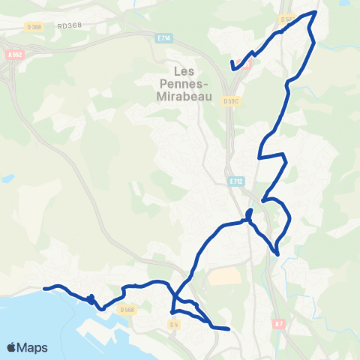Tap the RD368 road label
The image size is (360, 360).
[x=68, y=25]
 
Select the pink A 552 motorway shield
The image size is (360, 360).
[x=13, y=55]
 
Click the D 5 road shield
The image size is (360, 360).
[x=175, y=325]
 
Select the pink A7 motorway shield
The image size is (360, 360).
[x=279, y=324]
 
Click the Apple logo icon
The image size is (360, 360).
[x=12, y=347]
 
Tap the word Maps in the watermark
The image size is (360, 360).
[x=33, y=348]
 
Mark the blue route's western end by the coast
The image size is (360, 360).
[x=44, y=288]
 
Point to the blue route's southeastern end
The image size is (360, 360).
[x=227, y=328]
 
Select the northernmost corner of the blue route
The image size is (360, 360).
[x=316, y=11]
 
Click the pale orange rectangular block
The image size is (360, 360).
[x=223, y=275]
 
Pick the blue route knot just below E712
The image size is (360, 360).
[x=249, y=216]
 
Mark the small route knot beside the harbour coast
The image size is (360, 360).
[x=91, y=299]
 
